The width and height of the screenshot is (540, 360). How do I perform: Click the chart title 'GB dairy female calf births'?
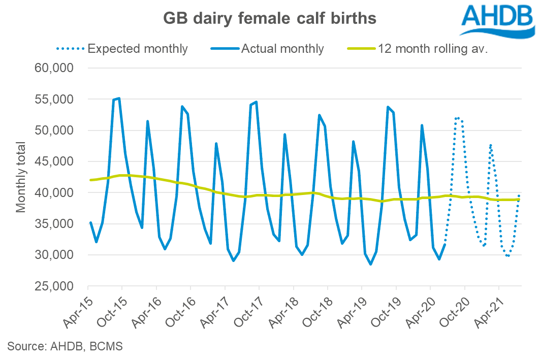click(x=269, y=19)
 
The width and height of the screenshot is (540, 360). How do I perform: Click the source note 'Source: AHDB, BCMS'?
click(x=65, y=347)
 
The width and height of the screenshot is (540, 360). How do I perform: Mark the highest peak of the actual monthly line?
click(x=119, y=98)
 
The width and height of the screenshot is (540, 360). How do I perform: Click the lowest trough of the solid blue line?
click(x=371, y=264)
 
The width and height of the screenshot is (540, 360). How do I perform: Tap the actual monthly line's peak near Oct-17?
click(x=256, y=102)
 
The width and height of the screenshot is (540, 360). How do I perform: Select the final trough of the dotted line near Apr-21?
click(x=507, y=256)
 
